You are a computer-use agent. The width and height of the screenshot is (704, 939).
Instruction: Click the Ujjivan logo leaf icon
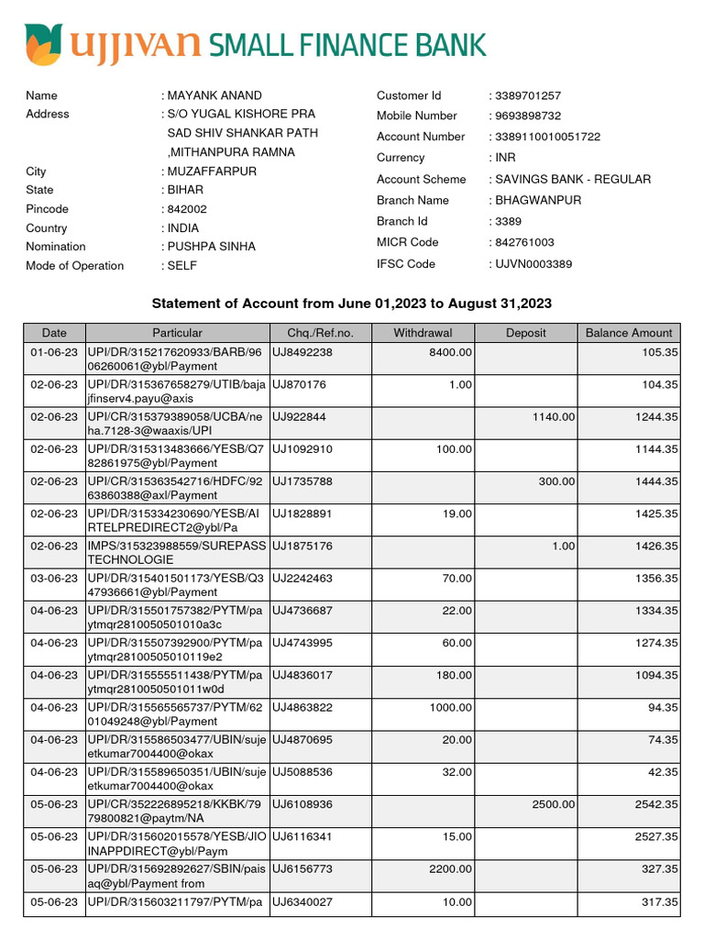[x=43, y=44]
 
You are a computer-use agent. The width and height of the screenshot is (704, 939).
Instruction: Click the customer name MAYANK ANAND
[x=214, y=95]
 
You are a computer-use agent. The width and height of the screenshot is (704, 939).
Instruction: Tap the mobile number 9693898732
[x=527, y=116]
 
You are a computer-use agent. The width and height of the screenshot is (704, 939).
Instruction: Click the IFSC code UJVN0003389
[x=533, y=264]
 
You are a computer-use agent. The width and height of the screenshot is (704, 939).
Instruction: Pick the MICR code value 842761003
[x=524, y=243]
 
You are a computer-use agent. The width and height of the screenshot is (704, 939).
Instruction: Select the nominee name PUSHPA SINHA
[x=211, y=247]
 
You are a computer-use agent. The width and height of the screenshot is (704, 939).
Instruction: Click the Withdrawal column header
[x=423, y=333]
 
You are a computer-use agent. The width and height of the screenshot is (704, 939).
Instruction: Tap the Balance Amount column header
[x=629, y=333]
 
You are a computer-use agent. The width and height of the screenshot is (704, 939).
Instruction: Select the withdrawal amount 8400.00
[x=450, y=352]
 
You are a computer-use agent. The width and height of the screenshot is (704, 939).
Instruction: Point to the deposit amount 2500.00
[x=554, y=804]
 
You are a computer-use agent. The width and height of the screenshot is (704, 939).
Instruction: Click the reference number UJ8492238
[x=302, y=352]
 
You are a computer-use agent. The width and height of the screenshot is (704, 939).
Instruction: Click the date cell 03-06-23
[x=54, y=578]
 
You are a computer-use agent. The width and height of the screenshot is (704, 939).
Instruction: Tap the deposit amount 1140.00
[x=554, y=416]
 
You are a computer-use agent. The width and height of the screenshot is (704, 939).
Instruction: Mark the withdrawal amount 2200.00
[x=450, y=868]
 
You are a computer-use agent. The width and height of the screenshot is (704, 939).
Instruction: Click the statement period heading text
[x=351, y=304]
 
